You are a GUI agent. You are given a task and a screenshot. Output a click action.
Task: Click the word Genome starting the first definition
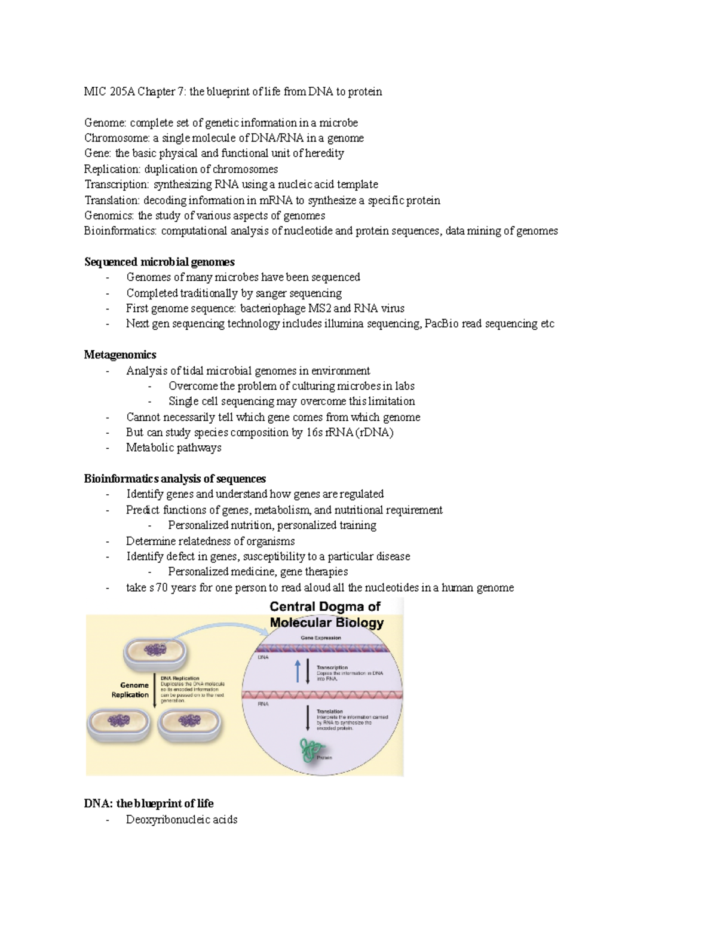[x=105, y=123]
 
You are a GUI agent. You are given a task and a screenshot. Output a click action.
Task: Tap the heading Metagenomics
[x=120, y=355]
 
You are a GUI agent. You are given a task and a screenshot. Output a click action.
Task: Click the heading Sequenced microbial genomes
[x=159, y=262]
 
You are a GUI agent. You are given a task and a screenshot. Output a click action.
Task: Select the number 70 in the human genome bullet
[x=161, y=587]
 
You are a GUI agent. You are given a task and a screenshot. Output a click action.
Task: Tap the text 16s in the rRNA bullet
[x=314, y=433]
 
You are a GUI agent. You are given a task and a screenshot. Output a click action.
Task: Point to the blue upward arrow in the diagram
[x=298, y=671]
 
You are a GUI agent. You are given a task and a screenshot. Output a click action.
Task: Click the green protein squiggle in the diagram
[x=311, y=750]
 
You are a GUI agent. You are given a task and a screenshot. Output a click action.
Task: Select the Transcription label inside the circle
[x=332, y=667]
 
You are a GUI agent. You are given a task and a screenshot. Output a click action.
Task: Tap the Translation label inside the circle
[x=330, y=711]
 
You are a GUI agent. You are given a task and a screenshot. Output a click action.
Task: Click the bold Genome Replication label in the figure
[x=131, y=690]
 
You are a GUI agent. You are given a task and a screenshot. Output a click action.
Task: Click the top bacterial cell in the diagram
[x=154, y=652]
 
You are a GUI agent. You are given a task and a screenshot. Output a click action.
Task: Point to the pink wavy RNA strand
[x=323, y=695]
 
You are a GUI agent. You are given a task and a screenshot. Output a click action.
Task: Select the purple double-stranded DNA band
[x=323, y=648]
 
